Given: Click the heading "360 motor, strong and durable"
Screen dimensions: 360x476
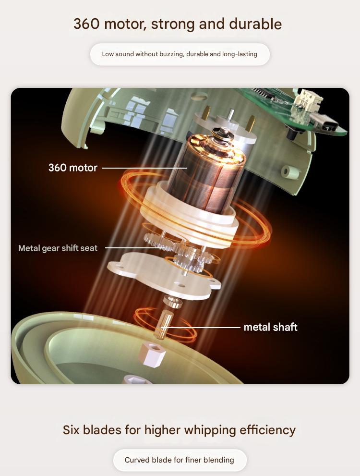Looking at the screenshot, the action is coord(178,24).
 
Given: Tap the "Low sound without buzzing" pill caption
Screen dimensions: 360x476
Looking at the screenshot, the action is coord(180,54).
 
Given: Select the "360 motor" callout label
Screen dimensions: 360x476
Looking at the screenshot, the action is coord(73,168).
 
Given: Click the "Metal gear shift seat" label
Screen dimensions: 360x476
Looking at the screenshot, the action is coord(58,248).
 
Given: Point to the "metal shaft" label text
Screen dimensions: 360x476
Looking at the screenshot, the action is coord(271,327).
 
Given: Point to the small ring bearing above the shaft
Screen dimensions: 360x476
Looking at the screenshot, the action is coord(172,302).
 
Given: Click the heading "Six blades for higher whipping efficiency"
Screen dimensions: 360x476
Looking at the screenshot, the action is coord(179,430).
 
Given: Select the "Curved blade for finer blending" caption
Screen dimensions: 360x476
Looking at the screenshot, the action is coord(180,460).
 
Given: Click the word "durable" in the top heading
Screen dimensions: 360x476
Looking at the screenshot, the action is coord(255,24).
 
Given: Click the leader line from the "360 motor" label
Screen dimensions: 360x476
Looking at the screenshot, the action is coord(144,168).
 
